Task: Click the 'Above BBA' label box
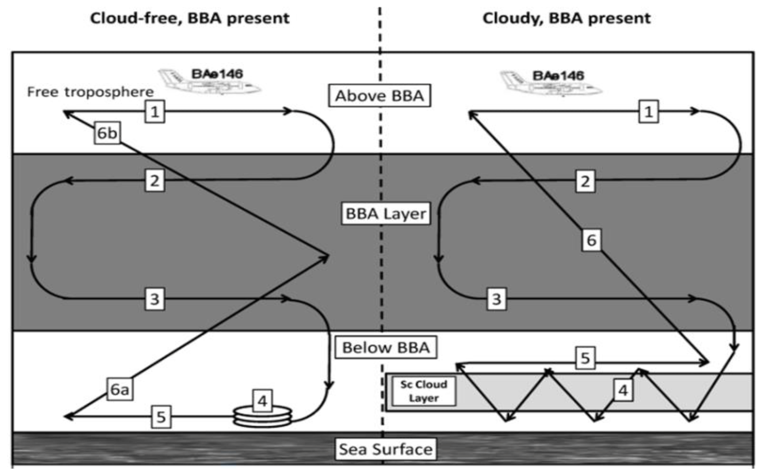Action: pos(379,96)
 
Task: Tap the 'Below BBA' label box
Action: pos(386,347)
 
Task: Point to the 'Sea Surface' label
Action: pos(386,449)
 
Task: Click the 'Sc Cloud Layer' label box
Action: pos(424,391)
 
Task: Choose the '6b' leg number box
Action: pos(107,133)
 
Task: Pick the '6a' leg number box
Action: pos(120,389)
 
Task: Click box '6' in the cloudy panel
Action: pos(591,240)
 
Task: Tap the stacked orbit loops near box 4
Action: pos(263,417)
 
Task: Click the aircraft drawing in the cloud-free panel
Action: pos(209,82)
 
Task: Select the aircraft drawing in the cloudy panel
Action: pos(551,84)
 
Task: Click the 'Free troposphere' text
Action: pos(90,92)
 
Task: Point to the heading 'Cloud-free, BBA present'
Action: pos(190,18)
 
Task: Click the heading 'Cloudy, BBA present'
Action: pos(566,18)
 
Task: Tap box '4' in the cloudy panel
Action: pos(623,390)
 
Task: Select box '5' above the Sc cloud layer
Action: pos(585,358)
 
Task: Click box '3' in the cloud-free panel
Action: pos(154,299)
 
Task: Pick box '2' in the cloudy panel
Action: pos(585,181)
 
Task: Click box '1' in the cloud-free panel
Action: pos(154,111)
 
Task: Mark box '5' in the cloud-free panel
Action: pos(161,417)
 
